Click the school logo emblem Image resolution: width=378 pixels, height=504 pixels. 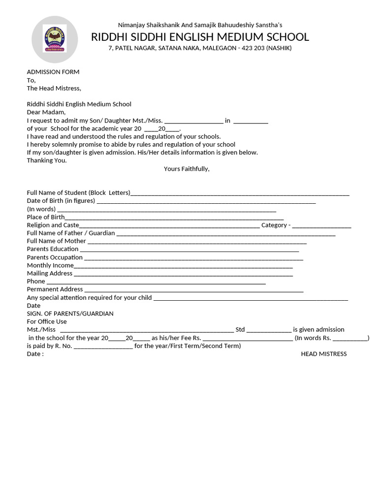click(55, 39)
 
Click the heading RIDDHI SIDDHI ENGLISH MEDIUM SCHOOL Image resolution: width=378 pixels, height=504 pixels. click(200, 37)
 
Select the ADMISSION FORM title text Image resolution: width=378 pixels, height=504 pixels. click(53, 72)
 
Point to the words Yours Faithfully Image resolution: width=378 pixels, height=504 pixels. click(187, 169)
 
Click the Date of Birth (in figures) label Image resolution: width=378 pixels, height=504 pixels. click(61, 201)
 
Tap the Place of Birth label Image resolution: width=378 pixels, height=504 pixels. click(46, 217)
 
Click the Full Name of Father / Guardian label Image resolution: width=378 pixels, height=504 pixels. click(71, 233)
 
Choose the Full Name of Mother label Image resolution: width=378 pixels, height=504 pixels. click(57, 241)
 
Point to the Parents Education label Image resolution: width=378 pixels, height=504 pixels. click(53, 249)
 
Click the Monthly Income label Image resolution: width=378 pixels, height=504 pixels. click(50, 265)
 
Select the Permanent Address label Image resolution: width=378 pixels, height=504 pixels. click(55, 289)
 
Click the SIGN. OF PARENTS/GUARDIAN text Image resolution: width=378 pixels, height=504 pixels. click(70, 314)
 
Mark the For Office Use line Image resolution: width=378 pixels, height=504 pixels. click(47, 321)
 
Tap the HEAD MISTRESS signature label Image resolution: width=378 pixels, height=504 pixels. click(324, 354)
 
